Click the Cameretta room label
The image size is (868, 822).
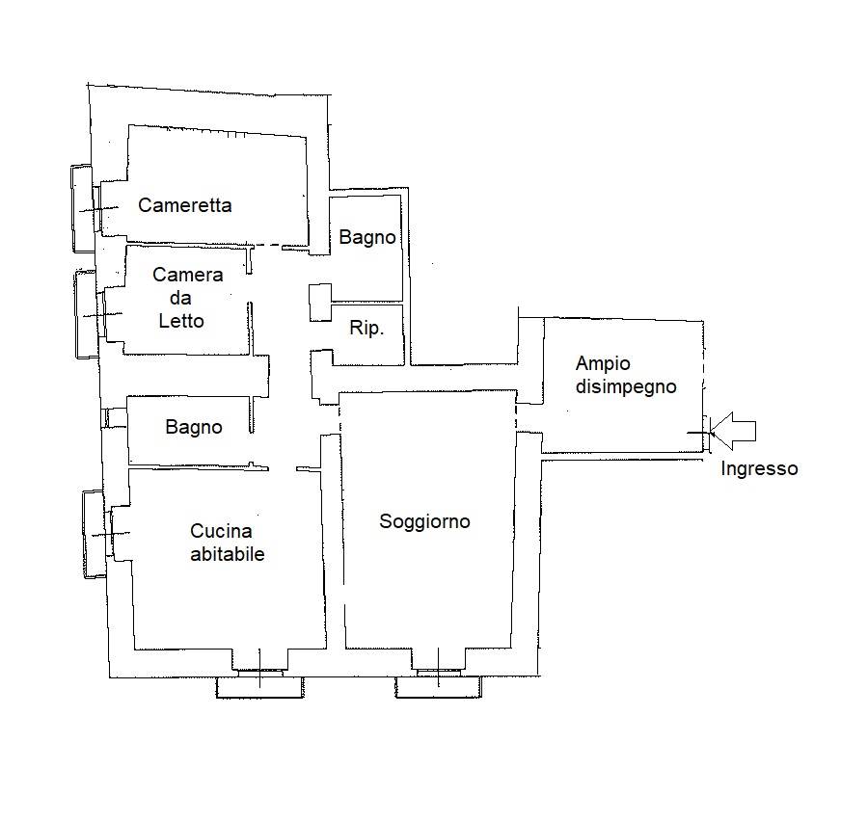click(185, 205)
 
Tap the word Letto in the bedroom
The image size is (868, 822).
click(181, 321)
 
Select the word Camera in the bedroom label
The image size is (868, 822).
click(188, 275)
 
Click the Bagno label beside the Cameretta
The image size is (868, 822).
click(367, 238)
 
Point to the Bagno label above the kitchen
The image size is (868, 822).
click(194, 428)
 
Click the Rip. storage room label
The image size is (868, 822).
click(366, 329)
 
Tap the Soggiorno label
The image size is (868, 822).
click(424, 521)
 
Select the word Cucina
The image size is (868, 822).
click(221, 531)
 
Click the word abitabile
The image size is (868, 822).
click(227, 554)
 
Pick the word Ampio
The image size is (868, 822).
click(603, 364)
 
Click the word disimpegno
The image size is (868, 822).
click(626, 387)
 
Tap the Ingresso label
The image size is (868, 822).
click(759, 469)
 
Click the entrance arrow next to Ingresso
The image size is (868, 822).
click(733, 431)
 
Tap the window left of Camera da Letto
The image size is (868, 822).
click(89, 314)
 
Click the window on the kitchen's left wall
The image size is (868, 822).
click(96, 535)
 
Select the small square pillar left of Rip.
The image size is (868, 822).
click(320, 302)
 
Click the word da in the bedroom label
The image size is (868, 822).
click(180, 298)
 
